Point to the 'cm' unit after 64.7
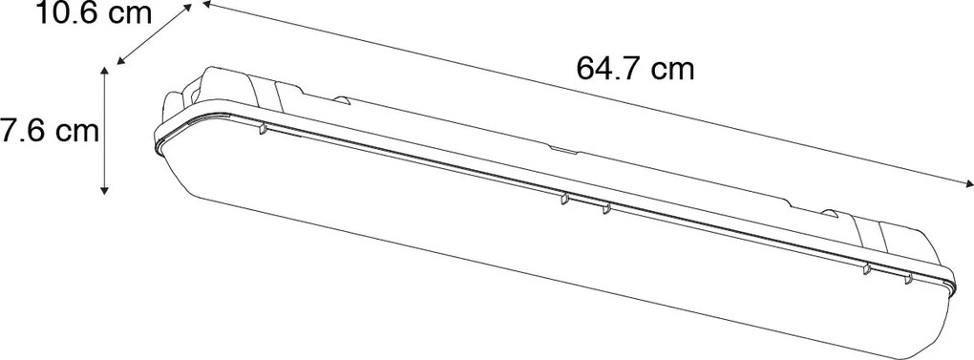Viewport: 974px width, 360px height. click(674, 69)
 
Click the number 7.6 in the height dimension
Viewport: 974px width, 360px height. click(20, 132)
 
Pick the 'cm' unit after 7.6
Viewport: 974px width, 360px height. click(76, 132)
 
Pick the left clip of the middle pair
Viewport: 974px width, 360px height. click(563, 201)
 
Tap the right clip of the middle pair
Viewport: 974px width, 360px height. click(605, 209)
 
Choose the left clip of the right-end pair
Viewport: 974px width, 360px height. click(865, 269)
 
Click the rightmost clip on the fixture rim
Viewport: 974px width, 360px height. click(909, 279)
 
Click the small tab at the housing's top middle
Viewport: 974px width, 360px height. click(561, 150)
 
